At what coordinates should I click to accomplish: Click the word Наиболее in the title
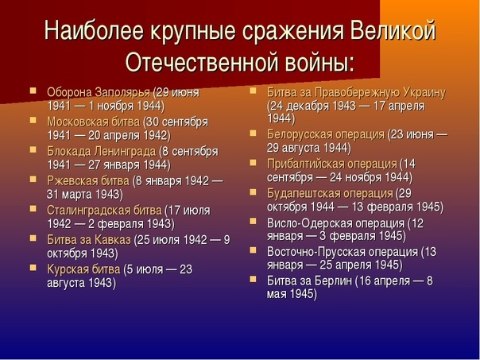coord(94,31)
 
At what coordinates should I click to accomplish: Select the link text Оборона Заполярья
coord(99,92)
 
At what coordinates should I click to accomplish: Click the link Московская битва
coord(93,122)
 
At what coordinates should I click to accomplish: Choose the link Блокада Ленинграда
coord(102,151)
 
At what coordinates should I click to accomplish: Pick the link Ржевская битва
coord(88,181)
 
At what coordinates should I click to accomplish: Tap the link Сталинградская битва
coord(104,211)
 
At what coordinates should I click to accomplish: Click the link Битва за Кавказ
coord(89,240)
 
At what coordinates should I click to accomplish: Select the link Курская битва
coord(83,269)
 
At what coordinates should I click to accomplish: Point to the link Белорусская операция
coord(326,134)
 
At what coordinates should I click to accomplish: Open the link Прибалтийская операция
coord(332,164)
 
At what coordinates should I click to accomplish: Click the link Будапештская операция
coord(330,193)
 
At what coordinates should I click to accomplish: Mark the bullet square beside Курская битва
coord(33,268)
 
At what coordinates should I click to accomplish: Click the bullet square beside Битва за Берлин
coord(253,279)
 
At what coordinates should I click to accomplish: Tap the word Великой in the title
coord(393,31)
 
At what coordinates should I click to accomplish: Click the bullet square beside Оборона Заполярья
coord(33,91)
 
